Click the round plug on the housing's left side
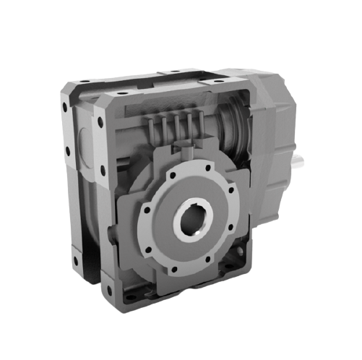(x=80, y=137)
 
